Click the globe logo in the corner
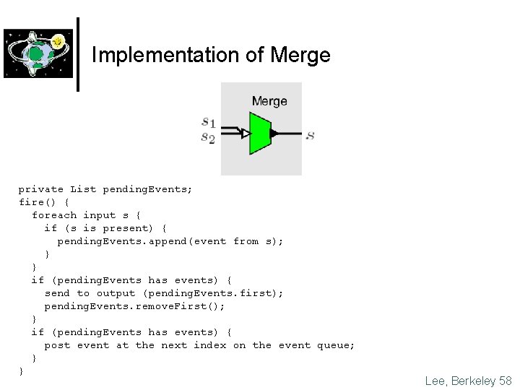click(38, 53)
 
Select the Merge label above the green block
click(269, 101)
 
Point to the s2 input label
click(208, 138)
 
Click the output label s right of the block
click(310, 135)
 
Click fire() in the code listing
click(34, 202)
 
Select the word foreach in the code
click(53, 215)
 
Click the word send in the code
click(57, 293)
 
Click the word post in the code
click(57, 345)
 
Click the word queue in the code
click(336, 345)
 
